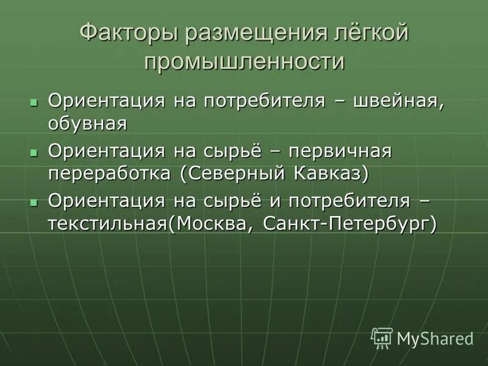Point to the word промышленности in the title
(x=244, y=62)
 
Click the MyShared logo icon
(x=382, y=337)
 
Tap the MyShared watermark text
(x=435, y=338)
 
